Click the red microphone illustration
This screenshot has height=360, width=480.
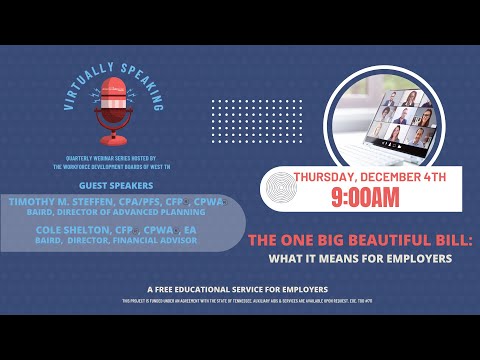114,109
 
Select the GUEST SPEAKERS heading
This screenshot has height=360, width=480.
114,185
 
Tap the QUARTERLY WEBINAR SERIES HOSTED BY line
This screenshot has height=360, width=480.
114,164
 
